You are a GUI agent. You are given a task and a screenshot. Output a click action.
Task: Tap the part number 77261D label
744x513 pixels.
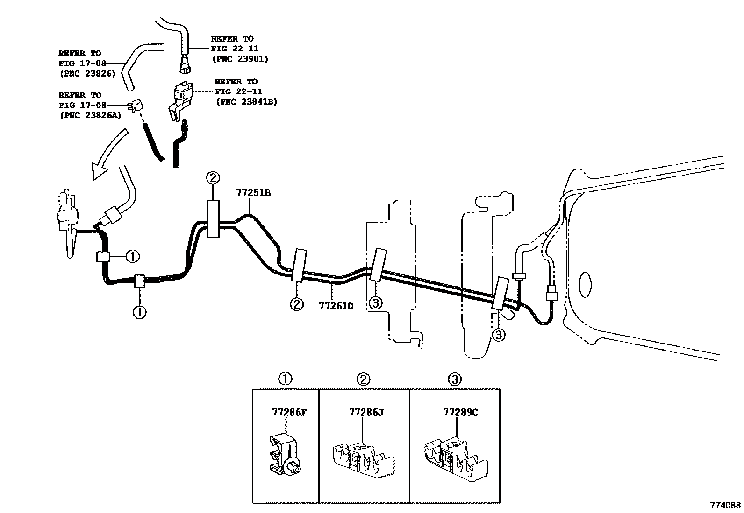click(336, 306)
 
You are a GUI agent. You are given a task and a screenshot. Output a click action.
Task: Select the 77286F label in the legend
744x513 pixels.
click(289, 413)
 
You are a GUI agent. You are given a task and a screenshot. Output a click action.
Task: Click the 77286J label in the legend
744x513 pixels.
click(366, 413)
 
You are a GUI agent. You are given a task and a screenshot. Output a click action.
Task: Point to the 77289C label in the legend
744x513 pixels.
click(460, 413)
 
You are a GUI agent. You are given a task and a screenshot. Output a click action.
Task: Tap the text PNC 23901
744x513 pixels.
click(240, 59)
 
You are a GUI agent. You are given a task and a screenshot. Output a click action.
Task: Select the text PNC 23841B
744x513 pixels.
click(246, 102)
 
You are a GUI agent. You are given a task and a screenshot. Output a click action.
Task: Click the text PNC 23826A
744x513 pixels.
click(90, 116)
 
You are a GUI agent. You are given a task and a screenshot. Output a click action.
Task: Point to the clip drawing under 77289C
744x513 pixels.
click(456, 458)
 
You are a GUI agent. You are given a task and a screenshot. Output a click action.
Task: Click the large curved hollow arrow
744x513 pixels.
click(108, 156)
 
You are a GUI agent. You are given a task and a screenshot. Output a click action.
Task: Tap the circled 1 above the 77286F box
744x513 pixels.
click(285, 379)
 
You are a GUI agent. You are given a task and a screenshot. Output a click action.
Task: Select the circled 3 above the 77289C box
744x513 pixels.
click(454, 379)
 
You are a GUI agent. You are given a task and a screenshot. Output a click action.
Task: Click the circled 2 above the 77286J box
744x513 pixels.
click(363, 379)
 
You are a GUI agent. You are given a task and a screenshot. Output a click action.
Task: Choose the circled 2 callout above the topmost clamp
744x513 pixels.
click(212, 178)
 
